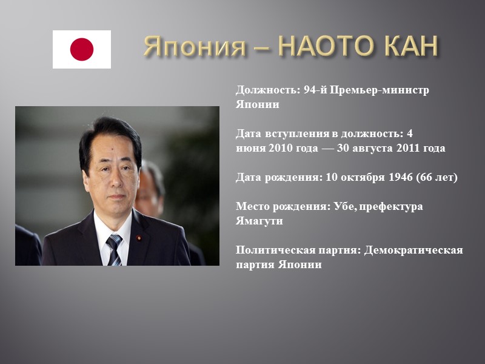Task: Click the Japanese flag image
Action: [x=81, y=49]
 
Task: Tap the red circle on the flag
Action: [x=82, y=49]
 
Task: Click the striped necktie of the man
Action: [x=113, y=249]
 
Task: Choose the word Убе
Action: [x=345, y=207]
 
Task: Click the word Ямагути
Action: [x=259, y=221]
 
